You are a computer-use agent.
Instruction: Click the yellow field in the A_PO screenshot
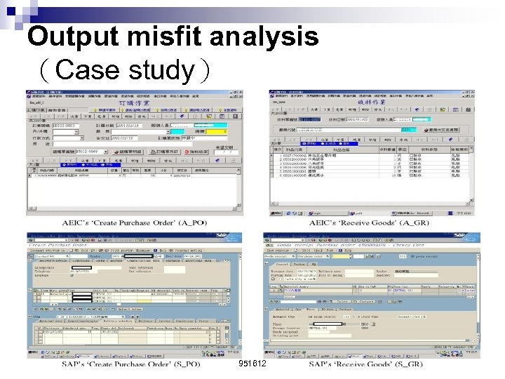(214, 131)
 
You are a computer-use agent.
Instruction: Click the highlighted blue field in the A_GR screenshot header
(405, 120)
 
